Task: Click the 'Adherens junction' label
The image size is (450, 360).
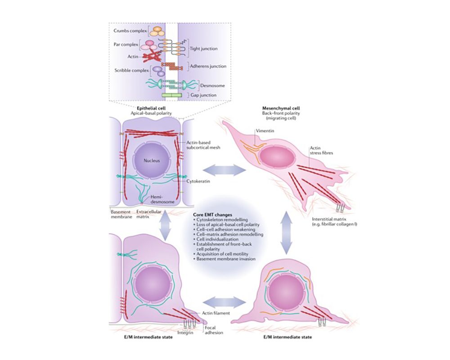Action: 206,66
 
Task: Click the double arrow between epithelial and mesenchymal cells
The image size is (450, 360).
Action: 224,170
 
